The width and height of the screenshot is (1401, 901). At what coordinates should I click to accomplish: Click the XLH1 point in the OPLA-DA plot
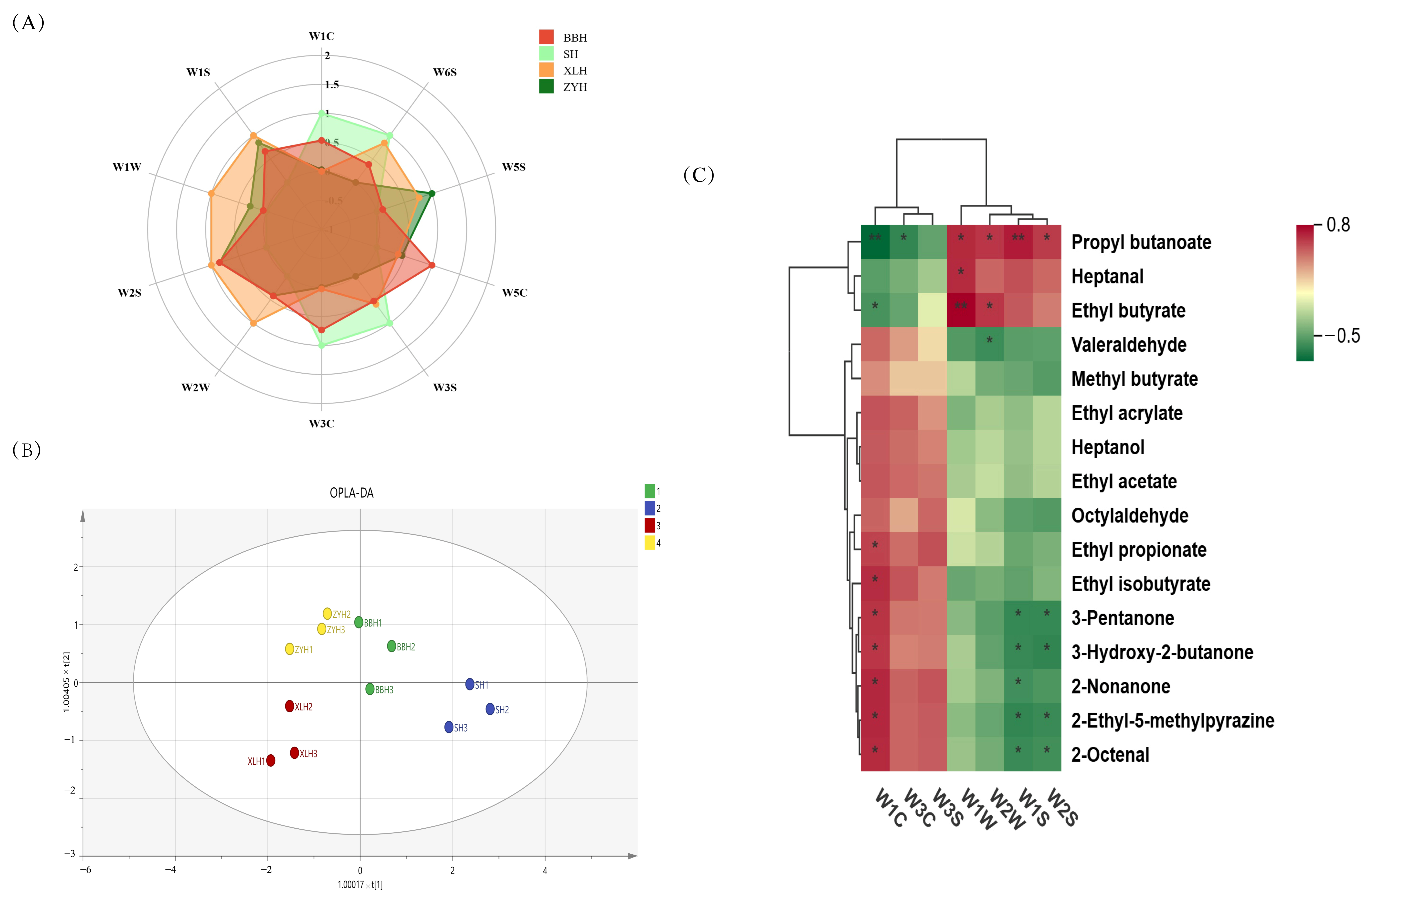[x=270, y=761]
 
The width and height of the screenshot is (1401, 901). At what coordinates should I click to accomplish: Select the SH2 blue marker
[x=490, y=709]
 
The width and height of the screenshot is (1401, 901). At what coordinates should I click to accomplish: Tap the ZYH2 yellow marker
[x=327, y=614]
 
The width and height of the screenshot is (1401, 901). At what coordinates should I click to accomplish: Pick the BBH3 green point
[x=370, y=689]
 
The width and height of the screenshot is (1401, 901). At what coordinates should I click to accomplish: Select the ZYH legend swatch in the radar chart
[x=546, y=87]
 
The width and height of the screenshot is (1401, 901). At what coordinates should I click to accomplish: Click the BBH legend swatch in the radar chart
[x=546, y=37]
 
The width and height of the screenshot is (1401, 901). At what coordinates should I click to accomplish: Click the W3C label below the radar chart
[x=321, y=424]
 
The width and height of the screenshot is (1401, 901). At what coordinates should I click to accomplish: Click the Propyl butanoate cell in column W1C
[x=875, y=242]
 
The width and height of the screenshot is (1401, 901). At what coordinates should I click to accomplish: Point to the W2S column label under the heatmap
[x=1062, y=807]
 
